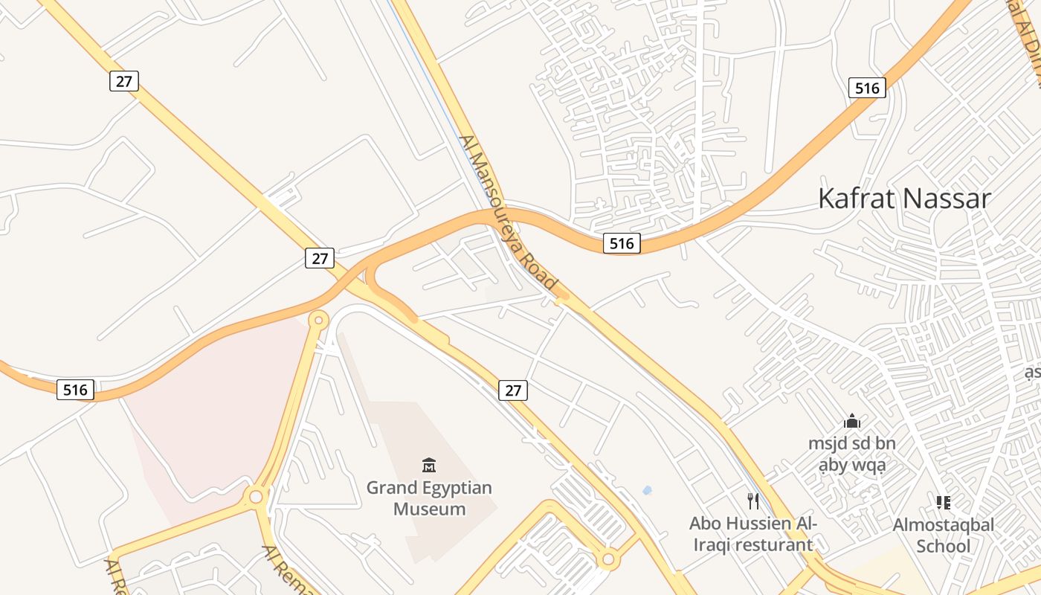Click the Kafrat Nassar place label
(x=904, y=199)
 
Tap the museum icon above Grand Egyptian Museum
(x=429, y=466)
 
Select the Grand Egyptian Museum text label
(x=429, y=498)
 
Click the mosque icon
(x=852, y=422)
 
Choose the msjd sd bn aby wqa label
(x=851, y=454)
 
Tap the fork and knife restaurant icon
(x=753, y=501)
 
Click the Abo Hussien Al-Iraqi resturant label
(x=752, y=534)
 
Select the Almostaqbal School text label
(x=943, y=535)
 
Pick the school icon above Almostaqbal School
(x=944, y=503)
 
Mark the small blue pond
(x=647, y=490)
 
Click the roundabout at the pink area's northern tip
(x=318, y=321)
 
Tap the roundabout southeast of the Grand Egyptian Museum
(x=609, y=558)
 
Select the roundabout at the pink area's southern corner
(x=257, y=495)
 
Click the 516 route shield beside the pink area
(x=75, y=390)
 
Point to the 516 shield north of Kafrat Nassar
(x=867, y=89)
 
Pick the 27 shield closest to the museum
(x=512, y=390)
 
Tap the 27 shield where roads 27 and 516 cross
(x=320, y=258)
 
